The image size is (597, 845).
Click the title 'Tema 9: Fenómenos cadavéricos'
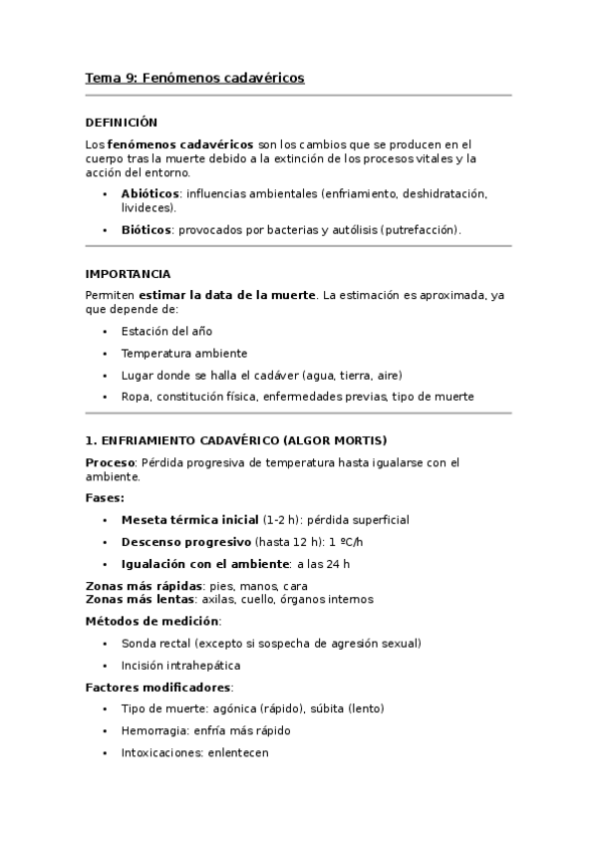click(194, 77)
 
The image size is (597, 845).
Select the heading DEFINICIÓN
click(122, 122)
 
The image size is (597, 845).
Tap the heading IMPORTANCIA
click(128, 273)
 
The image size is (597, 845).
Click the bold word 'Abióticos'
click(149, 193)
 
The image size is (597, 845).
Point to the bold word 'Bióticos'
click(146, 229)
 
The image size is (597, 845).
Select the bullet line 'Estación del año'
click(166, 331)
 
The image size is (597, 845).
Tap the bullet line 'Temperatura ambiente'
click(183, 353)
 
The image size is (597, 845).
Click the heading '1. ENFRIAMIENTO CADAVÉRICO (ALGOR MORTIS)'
click(236, 439)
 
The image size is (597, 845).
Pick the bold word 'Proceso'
click(111, 462)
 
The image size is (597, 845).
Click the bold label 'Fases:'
click(105, 497)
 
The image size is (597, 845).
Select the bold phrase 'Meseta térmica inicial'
click(189, 520)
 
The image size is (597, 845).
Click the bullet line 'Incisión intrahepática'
click(180, 665)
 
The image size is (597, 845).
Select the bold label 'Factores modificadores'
click(158, 688)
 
